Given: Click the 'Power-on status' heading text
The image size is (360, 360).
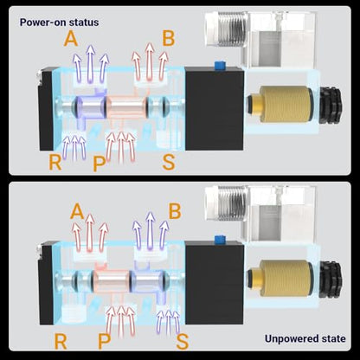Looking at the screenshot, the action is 59,22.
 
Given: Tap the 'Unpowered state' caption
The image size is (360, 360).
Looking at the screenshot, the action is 305,338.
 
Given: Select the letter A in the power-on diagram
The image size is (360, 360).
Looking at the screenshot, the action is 71,39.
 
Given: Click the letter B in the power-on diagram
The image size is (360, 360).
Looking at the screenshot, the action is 169,39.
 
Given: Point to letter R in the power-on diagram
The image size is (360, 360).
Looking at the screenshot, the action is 55,163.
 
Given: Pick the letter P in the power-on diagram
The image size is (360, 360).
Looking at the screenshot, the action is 100,164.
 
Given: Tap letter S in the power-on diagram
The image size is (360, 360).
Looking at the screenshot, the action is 169,163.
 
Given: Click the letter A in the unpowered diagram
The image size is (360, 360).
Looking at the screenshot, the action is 77,211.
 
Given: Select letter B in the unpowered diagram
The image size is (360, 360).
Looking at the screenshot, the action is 175,211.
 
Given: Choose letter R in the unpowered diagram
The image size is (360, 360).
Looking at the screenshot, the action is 61,342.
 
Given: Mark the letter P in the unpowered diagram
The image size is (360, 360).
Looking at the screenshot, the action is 104,342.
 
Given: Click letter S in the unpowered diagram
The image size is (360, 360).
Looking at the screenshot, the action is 183,342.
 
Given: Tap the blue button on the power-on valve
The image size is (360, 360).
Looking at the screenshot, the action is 220,66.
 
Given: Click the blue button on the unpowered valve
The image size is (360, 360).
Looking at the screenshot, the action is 220,240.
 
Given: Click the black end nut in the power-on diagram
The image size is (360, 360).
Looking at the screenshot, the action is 331,106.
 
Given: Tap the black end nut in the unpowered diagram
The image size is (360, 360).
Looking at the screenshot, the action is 331,280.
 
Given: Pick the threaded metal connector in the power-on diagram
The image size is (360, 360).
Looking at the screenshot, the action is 230,29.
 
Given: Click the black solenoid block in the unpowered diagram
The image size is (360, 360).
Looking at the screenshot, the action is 215,282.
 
